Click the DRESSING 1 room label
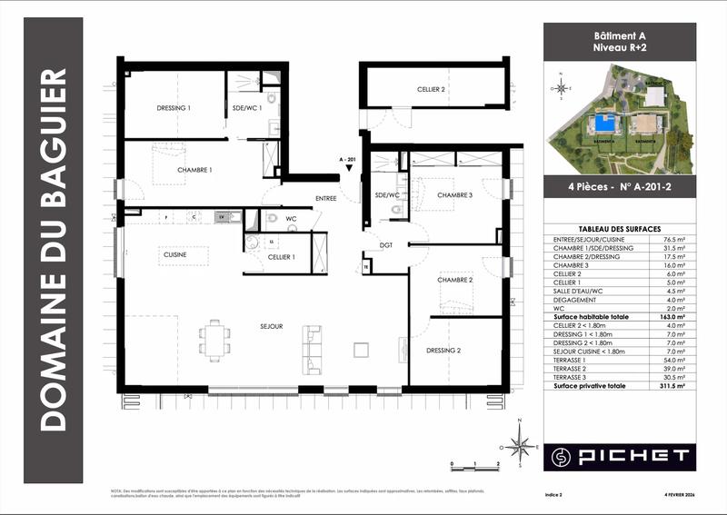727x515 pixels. pyautogui.click(x=174, y=108)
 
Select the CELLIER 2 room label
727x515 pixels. pyautogui.click(x=431, y=90)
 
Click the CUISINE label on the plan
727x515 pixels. pyautogui.click(x=175, y=255)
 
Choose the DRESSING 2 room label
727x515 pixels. pyautogui.click(x=443, y=350)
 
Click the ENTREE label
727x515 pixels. pyautogui.click(x=325, y=198)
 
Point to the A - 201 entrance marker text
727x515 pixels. pyautogui.click(x=345, y=158)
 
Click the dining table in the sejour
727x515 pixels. pyautogui.click(x=215, y=340)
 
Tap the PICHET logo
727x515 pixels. pyautogui.click(x=619, y=454)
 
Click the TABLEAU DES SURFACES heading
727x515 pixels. pyautogui.click(x=619, y=229)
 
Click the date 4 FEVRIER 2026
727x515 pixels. pyautogui.click(x=672, y=494)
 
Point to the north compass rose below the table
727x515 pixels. pyautogui.click(x=520, y=444)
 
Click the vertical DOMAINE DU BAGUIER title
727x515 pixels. pyautogui.click(x=55, y=250)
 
